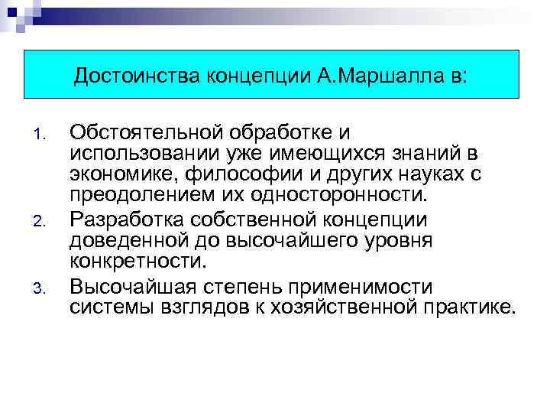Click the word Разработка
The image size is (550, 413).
pos(128,221)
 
